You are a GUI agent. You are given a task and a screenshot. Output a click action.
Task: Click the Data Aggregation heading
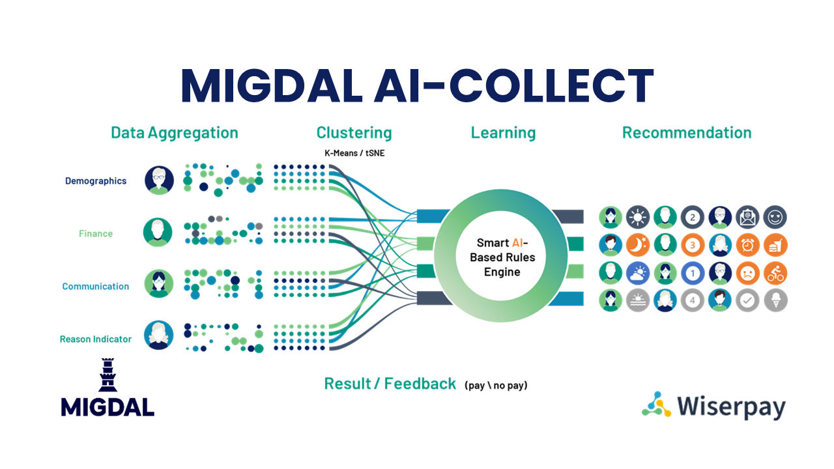point(175,133)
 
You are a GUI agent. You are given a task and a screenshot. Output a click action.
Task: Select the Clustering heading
point(354,133)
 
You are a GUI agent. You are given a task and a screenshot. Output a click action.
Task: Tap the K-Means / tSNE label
point(354,153)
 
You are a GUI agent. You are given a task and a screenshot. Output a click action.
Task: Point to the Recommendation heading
point(687,133)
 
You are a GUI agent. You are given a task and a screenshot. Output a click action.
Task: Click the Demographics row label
point(96,181)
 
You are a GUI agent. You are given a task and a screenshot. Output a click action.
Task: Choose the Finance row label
point(96,233)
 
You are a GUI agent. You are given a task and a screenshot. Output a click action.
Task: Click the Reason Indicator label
point(96,339)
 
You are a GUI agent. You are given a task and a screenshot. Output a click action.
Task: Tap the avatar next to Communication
point(158,283)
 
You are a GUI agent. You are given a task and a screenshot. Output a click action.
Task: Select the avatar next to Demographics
point(159,180)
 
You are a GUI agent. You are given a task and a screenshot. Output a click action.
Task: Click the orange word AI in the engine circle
point(517,243)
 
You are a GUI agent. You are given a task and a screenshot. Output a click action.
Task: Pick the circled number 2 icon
point(693,218)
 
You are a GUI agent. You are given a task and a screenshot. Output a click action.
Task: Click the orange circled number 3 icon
point(693,246)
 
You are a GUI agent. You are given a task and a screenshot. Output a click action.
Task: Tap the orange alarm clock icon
point(747,246)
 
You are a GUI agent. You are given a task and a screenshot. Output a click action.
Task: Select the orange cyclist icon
point(775,274)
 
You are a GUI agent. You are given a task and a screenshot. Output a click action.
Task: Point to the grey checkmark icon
point(747,300)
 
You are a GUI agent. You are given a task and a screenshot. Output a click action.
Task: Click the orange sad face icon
point(747,274)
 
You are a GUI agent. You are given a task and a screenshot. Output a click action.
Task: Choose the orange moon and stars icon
point(638,246)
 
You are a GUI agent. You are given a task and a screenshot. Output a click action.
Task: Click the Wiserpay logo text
point(731,406)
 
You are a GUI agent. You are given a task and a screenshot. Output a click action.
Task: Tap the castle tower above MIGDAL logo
point(108,375)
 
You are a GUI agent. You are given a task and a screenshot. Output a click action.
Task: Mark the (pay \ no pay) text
point(496,385)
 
